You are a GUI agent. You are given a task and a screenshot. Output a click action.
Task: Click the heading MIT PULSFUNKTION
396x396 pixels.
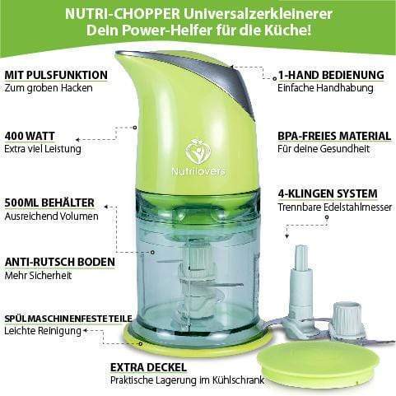pos(56,75)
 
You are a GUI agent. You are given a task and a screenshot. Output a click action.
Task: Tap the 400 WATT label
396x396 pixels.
pos(30,136)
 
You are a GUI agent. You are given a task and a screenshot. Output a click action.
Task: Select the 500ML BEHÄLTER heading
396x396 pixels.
pos(49,203)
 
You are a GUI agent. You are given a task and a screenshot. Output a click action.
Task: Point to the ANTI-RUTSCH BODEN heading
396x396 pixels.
pos(60,262)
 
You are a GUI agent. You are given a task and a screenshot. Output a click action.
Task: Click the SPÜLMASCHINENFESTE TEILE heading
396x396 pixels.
pos(68,319)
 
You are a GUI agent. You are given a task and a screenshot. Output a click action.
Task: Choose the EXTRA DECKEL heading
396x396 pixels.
pos(148,367)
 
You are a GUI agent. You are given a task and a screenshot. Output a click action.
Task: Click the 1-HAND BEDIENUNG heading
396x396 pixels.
pos(331,75)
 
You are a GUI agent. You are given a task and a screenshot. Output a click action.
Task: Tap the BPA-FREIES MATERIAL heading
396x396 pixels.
pos(334,136)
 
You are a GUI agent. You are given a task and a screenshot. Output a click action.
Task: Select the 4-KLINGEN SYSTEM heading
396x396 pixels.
pos(328,193)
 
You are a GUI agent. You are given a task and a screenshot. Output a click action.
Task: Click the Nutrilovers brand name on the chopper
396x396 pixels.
pos(198,171)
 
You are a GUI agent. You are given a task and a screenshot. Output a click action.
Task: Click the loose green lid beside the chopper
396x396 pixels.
pos(318,361)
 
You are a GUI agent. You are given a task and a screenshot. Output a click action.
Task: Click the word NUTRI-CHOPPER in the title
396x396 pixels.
pos(123,14)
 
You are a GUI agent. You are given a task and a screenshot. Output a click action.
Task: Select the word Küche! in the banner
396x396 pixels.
pos(288,30)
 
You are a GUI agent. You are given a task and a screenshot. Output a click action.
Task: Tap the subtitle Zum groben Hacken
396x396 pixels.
pos(49,88)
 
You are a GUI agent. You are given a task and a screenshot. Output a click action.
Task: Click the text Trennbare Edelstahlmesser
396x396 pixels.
pos(335,207)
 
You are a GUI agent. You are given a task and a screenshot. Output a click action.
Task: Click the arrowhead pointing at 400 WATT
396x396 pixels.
pos(77,140)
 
